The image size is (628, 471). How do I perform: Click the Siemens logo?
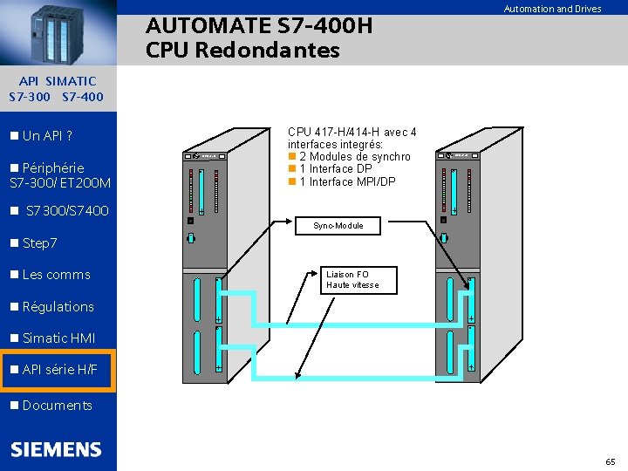click(56, 450)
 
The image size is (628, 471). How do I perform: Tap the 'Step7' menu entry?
click(39, 242)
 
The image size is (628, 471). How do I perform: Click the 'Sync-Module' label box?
click(338, 226)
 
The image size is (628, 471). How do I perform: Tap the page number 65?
click(610, 461)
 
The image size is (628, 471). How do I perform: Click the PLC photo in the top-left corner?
click(58, 32)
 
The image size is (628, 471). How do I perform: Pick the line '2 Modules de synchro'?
click(354, 157)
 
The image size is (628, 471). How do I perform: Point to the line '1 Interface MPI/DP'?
click(347, 181)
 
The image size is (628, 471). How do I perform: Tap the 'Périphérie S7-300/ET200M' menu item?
click(59, 175)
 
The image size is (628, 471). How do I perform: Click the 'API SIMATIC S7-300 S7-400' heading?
click(57, 89)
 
